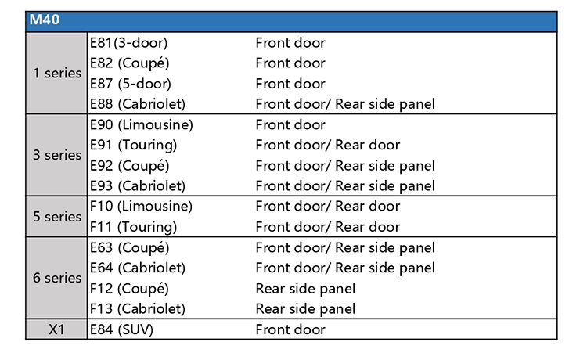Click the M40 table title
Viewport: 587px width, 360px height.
45,20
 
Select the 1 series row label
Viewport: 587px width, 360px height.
57,73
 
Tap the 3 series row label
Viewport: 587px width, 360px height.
57,155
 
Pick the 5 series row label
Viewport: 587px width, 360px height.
57,217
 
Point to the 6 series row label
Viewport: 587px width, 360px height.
57,278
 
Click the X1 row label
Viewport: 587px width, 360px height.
56,329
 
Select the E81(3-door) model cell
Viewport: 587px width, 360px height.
128,43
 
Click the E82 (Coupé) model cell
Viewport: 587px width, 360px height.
129,63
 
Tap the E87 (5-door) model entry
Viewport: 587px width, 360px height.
130,84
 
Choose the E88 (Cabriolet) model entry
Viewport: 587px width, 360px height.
138,104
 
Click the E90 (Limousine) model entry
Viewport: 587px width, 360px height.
142,124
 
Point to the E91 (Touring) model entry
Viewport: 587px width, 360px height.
133,146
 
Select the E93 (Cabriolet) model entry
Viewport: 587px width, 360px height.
138,186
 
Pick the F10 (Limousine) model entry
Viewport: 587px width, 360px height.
141,206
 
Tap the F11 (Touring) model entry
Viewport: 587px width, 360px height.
133,227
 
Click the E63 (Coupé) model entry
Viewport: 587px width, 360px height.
129,248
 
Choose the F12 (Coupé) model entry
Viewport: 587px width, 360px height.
129,289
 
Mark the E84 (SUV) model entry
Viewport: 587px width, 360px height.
121,329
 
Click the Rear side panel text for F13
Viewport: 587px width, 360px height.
305,309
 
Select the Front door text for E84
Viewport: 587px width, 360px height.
290,329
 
